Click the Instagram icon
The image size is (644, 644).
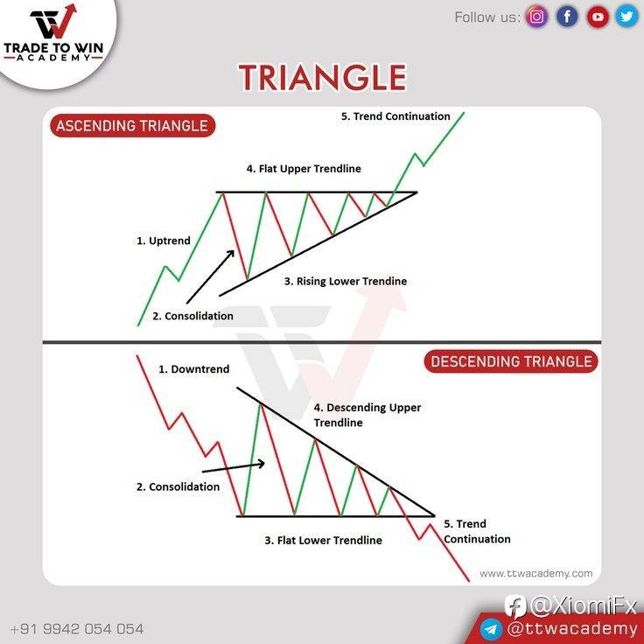point(536,17)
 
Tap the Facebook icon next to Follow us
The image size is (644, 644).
point(567,17)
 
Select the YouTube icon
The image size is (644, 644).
point(597,17)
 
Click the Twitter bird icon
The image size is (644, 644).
point(626,17)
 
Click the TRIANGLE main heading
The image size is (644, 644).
point(322,77)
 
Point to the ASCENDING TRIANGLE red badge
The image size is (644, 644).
point(132,126)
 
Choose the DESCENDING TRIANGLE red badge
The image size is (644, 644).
point(510,361)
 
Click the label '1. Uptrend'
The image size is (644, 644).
point(164,241)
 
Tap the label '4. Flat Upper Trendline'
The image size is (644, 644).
point(304,169)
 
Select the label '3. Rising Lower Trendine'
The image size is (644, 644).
point(346,282)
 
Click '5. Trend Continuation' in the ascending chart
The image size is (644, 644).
point(395,116)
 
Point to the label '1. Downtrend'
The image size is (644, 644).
point(194,369)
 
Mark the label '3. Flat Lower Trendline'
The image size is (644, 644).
point(323,540)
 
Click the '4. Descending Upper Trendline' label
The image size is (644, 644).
point(367,415)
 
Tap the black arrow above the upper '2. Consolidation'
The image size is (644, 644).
point(210,276)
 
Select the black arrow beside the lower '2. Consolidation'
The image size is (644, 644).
point(234,467)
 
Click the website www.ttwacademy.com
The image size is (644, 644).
point(536,573)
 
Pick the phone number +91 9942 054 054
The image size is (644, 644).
point(77,629)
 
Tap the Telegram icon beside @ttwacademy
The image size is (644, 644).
point(491,629)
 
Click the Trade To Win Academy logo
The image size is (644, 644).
point(53,33)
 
